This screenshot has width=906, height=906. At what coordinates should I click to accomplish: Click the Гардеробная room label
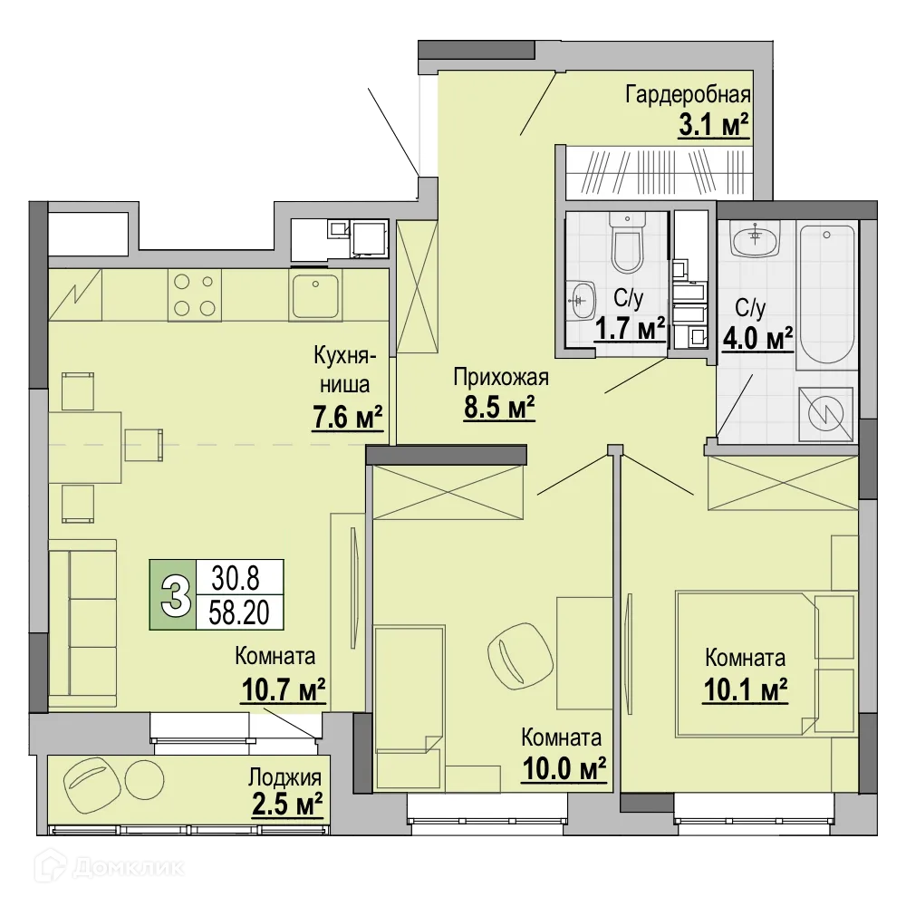coord(688,95)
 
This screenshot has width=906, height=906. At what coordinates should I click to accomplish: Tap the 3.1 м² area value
coord(714,125)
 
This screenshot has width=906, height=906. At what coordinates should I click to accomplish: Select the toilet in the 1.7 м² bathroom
coord(627,242)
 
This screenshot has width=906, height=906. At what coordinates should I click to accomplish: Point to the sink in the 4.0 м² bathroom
coord(756,238)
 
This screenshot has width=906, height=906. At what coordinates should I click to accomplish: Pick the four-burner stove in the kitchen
coord(195,295)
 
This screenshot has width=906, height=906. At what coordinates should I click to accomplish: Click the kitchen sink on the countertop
coord(315,295)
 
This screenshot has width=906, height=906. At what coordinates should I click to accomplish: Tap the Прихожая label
coord(500,377)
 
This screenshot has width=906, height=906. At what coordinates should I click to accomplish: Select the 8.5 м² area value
coord(499,408)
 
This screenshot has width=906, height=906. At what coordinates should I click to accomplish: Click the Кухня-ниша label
coord(345,370)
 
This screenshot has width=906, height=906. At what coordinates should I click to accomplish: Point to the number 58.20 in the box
coord(239,612)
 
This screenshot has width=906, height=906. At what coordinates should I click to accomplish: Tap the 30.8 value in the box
coord(236,578)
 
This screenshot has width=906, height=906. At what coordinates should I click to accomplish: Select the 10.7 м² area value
coord(283,689)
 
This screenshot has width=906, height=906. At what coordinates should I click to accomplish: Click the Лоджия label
coord(284,777)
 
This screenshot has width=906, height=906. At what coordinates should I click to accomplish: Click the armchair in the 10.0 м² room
coord(519,657)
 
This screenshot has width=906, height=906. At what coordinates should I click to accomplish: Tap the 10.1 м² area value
coord(746,689)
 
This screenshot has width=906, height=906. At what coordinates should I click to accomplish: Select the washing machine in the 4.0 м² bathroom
coord(825,414)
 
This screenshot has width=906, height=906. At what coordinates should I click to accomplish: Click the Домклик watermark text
coord(129,867)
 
